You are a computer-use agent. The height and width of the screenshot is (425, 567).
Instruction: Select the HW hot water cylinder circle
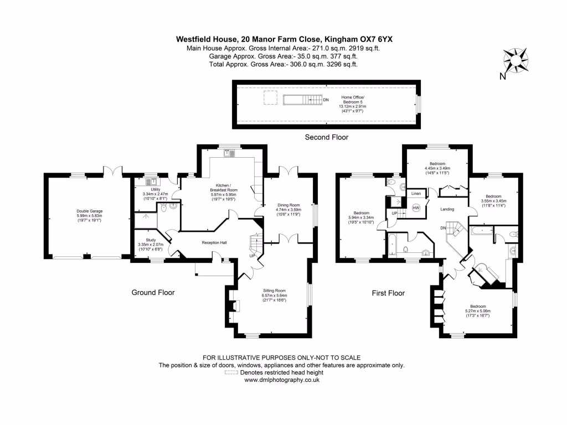pyautogui.click(x=416, y=208)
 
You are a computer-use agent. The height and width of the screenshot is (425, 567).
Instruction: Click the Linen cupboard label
pyautogui.click(x=416, y=193)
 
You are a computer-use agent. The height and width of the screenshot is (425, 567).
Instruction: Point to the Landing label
pyautogui.click(x=448, y=209)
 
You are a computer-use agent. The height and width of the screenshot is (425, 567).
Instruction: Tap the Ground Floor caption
pyautogui.click(x=153, y=293)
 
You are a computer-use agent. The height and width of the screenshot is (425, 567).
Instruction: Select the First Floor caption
pyautogui.click(x=388, y=293)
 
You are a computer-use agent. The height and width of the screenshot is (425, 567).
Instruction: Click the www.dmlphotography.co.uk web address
pyautogui.click(x=282, y=380)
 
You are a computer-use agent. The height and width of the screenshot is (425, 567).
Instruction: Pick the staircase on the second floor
pyautogui.click(x=302, y=100)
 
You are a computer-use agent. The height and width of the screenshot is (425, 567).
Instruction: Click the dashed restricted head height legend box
pyautogui.click(x=230, y=373)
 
